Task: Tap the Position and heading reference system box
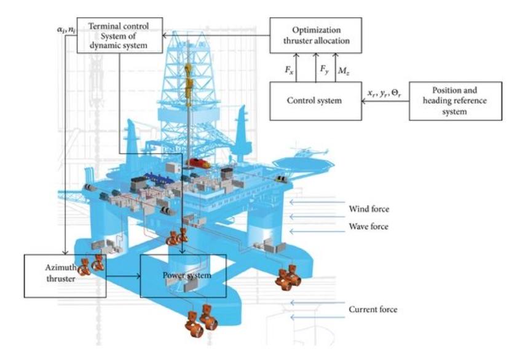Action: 455,101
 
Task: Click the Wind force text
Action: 368,209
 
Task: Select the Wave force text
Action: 368,227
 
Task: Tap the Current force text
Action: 373,309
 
